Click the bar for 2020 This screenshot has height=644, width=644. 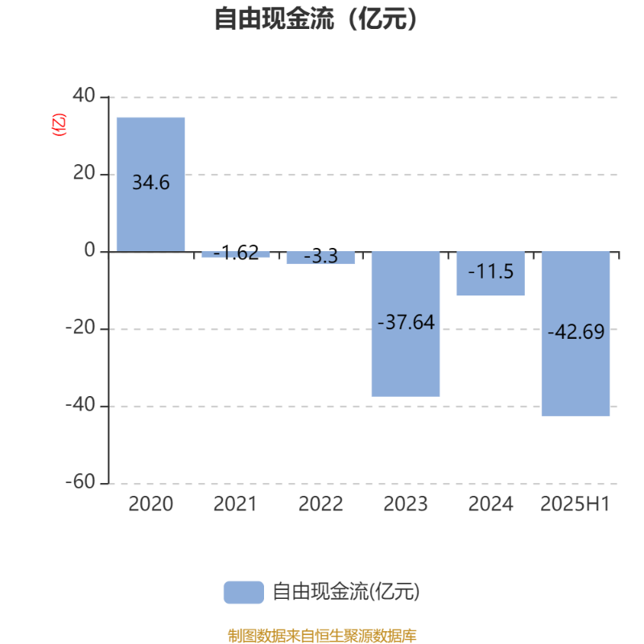click(x=151, y=184)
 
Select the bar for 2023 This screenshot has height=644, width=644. click(x=406, y=324)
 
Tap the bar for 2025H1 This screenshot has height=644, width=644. click(x=576, y=334)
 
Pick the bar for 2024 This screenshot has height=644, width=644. click(x=491, y=274)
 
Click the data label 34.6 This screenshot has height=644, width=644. click(x=151, y=183)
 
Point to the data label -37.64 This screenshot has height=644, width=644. click(x=406, y=323)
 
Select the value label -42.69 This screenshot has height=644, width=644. click(x=576, y=332)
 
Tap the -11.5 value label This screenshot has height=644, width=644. click(x=491, y=271)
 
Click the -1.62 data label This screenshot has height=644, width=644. click(x=236, y=253)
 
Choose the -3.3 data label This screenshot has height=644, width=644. click(x=320, y=256)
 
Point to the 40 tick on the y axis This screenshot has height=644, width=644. click(x=84, y=95)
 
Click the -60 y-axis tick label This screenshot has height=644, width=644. click(x=80, y=481)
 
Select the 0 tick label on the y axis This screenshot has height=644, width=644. click(x=89, y=250)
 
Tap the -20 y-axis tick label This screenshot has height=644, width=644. click(x=80, y=328)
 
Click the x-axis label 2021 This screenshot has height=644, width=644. click(x=235, y=504)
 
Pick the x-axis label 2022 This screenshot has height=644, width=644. click(x=320, y=504)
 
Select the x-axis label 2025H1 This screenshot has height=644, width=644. click(x=575, y=504)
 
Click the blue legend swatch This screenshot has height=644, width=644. click(x=244, y=592)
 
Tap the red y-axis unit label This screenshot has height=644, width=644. click(x=59, y=125)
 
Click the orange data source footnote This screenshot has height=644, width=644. click(x=322, y=636)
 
